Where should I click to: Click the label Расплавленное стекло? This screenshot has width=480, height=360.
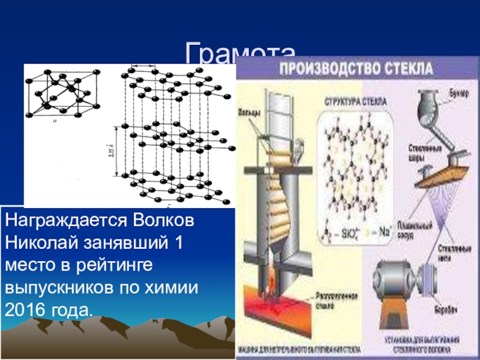tap(332, 299)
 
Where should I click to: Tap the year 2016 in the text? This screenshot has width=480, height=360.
tap(23, 311)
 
